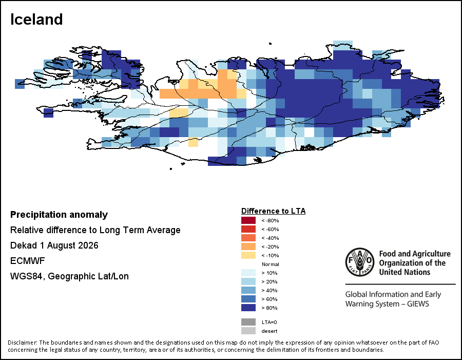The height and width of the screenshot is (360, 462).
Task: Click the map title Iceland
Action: [x=36, y=20]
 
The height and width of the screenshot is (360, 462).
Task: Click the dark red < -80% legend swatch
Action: [x=248, y=220]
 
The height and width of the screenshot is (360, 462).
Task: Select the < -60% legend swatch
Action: [x=248, y=229]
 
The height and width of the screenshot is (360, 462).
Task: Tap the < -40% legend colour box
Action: [x=248, y=238]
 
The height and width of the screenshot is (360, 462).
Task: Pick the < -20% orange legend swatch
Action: [x=248, y=247]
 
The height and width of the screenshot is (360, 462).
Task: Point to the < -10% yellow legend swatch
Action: [x=248, y=255]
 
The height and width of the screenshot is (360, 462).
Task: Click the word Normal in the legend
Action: [x=270, y=264]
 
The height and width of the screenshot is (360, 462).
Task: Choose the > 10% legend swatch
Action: [x=248, y=273]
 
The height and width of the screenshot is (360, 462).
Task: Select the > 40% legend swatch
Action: [x=248, y=290]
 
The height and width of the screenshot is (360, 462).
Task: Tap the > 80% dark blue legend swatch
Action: [x=248, y=308]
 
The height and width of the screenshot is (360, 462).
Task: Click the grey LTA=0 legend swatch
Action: [x=248, y=322]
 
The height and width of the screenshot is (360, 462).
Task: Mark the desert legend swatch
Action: [x=248, y=331]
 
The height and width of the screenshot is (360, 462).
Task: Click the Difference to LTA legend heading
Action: [x=274, y=211]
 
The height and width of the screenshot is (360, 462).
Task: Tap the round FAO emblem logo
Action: [x=360, y=262]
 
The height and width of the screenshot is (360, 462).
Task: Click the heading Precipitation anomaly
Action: [x=59, y=215]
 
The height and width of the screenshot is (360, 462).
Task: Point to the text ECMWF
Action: [x=27, y=261]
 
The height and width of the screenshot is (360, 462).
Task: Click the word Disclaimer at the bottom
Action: [x=23, y=343]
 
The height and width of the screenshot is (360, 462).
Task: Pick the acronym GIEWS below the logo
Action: [x=418, y=304]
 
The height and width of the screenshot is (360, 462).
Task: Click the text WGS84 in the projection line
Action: [x=27, y=277]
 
